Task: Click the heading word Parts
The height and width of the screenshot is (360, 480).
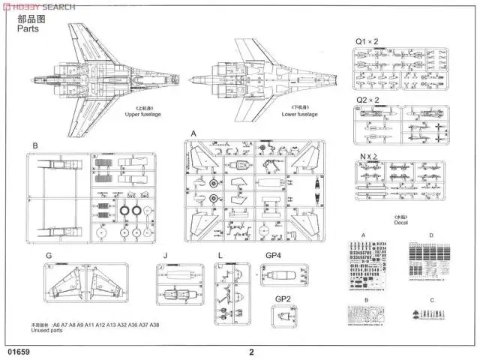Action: [x=25, y=32]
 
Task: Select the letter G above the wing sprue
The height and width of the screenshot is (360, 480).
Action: [x=48, y=256]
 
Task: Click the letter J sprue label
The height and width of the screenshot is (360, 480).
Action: [x=165, y=256]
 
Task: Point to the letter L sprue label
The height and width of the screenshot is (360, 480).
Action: [x=220, y=256]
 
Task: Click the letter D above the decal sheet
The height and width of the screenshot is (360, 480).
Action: [x=431, y=235]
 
